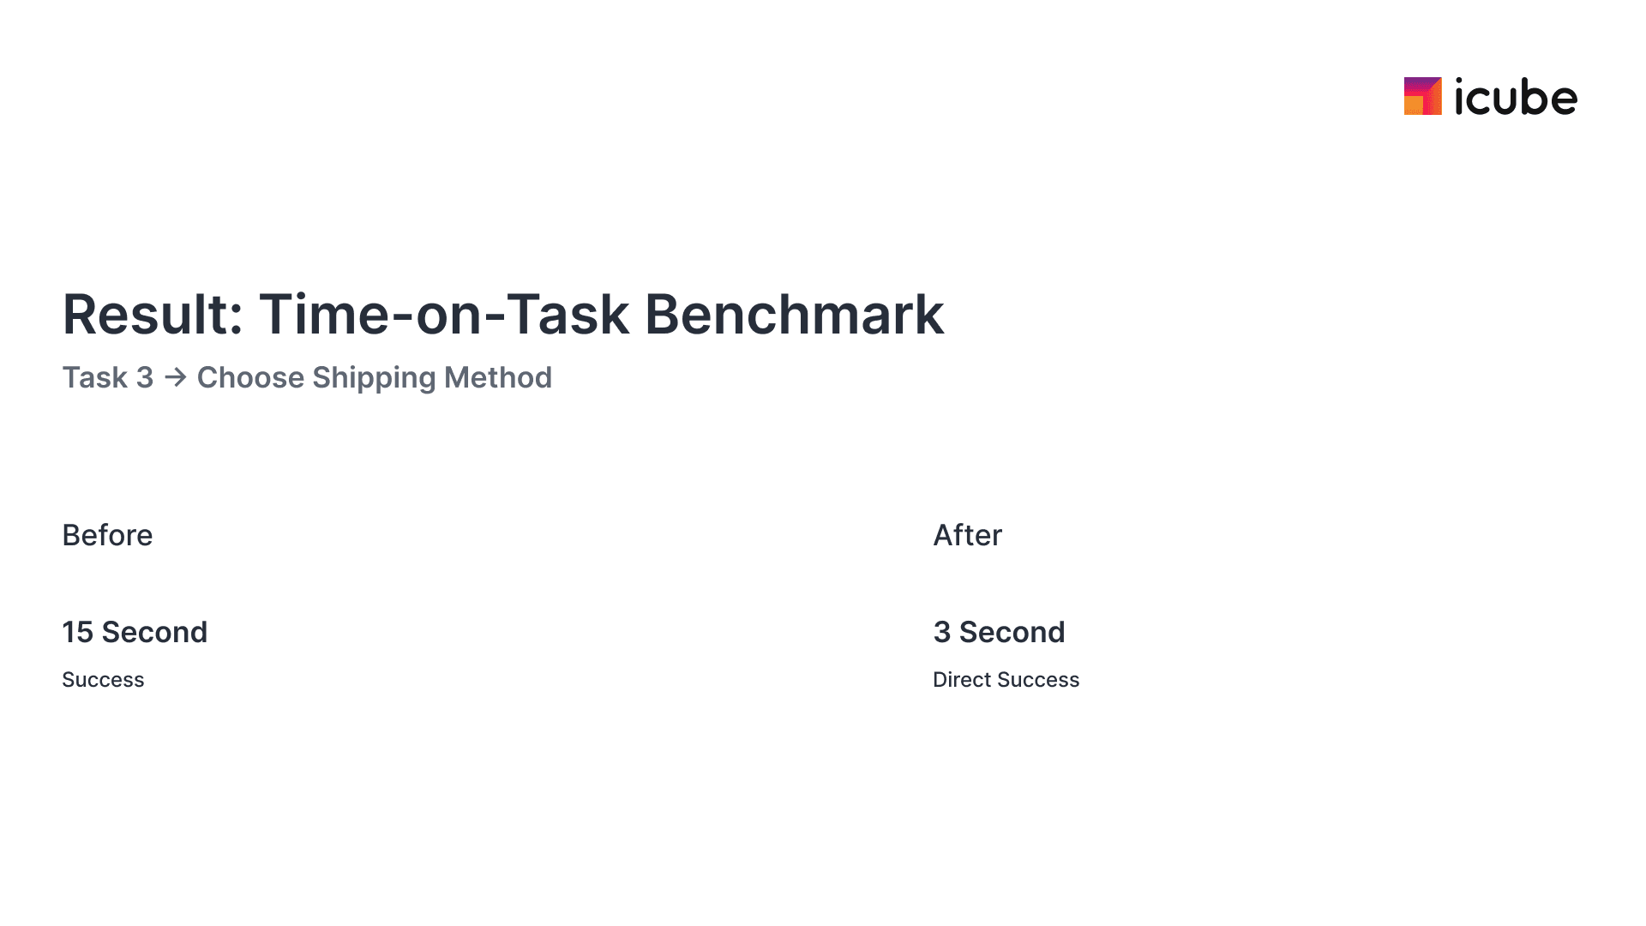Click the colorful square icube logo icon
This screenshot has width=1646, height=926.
point(1422,96)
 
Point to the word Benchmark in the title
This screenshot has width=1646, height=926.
point(794,314)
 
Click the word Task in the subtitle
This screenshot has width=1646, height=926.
point(95,377)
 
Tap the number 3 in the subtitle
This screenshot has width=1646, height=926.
point(145,377)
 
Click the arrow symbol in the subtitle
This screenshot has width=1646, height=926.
point(176,377)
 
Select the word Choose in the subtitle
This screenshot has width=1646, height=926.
point(250,377)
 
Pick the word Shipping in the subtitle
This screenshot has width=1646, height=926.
point(374,378)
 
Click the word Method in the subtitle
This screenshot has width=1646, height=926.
point(498,377)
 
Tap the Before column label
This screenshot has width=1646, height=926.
point(107,535)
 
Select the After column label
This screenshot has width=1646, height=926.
point(967,535)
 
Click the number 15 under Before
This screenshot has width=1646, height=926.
point(77,632)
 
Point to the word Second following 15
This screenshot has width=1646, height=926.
point(154,632)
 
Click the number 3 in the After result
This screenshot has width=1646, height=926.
point(941,632)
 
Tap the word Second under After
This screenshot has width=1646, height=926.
point(1012,632)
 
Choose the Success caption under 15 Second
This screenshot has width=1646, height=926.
point(103,680)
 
